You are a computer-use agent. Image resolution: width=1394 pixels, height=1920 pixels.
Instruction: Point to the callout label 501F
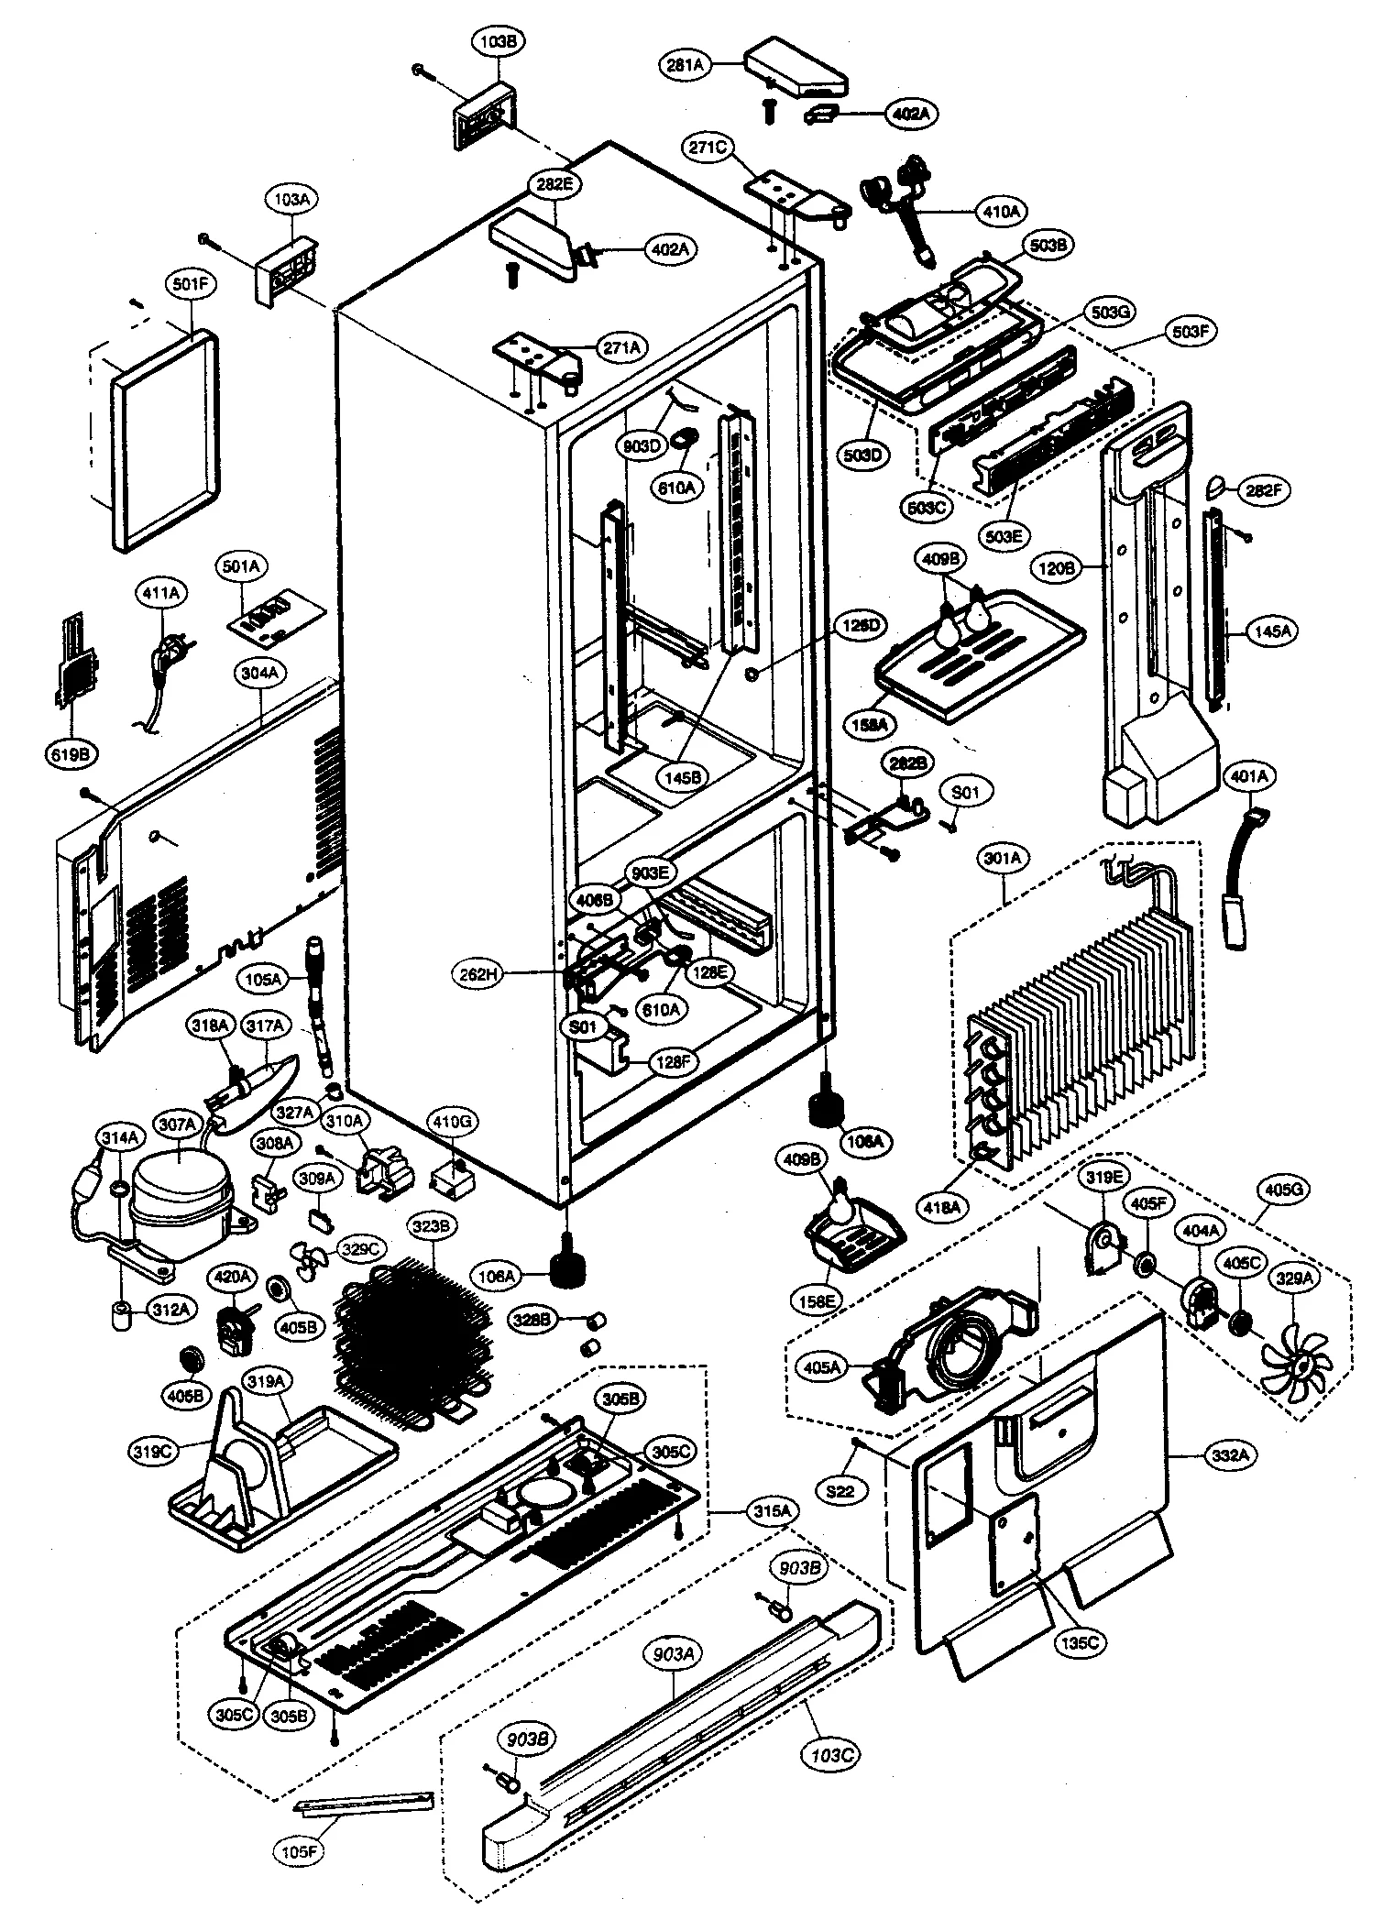(x=191, y=285)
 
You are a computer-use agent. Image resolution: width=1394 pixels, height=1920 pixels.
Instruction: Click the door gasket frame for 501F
(x=165, y=440)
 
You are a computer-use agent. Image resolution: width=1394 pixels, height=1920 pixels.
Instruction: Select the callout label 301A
(x=1002, y=859)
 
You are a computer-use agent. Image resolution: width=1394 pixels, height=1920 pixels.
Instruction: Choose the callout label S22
(x=840, y=1491)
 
